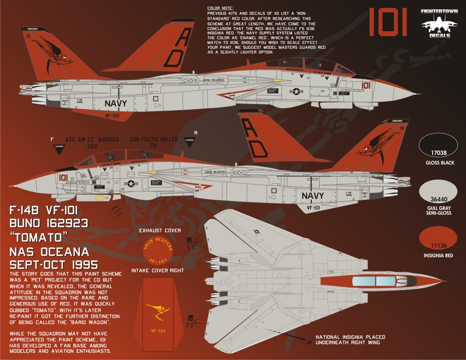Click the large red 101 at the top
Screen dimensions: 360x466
pos(389,23)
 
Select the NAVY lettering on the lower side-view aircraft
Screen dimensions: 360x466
pos(312,196)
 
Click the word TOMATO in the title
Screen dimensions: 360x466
pos(37,237)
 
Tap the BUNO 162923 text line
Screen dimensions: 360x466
pos(49,223)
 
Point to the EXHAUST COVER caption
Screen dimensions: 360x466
pos(161,231)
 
